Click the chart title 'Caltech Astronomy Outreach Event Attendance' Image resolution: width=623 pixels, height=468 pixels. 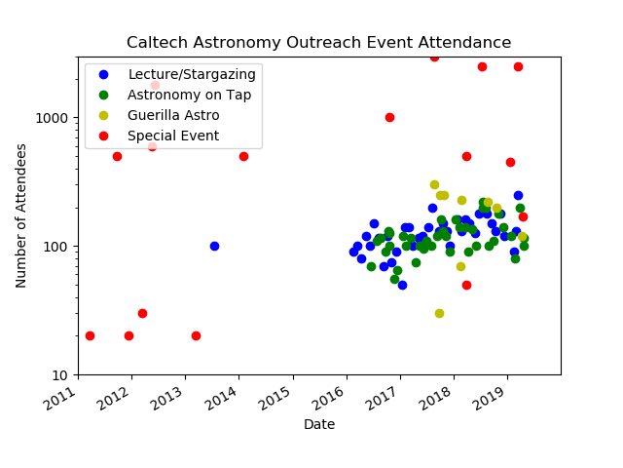pos(318,43)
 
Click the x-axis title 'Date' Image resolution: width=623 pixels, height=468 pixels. pos(319,424)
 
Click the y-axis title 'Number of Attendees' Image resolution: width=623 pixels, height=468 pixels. pos(21,215)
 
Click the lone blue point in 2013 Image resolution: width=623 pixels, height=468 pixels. pos(214,246)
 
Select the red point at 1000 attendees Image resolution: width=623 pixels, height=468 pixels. pos(389,117)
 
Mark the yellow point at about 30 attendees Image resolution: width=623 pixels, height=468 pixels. pos(439,313)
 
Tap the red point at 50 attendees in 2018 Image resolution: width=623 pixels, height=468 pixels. pos(466,285)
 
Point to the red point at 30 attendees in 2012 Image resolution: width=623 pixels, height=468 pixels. pos(142,313)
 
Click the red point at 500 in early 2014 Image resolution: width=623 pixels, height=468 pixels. pos(243,156)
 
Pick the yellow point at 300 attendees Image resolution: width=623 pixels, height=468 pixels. pos(434,184)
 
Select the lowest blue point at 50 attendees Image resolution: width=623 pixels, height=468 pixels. pos(402,285)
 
